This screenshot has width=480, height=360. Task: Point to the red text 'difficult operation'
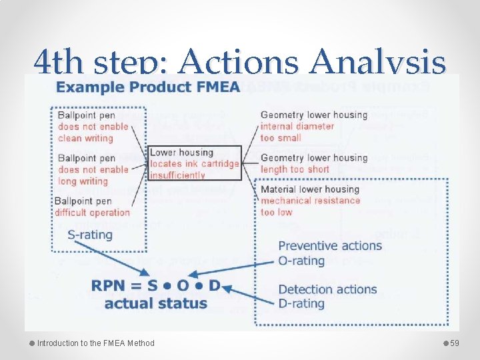coord(92,213)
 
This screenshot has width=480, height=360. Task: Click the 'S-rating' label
coord(90,235)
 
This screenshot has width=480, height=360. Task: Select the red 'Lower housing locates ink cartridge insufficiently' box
coord(194,163)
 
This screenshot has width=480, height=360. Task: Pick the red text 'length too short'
coord(295,169)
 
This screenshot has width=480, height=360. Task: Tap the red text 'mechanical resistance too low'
coord(310,206)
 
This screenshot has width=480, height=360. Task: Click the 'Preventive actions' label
coord(330,245)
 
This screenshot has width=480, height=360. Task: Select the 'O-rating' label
coord(301,260)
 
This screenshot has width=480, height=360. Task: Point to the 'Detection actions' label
coord(327,289)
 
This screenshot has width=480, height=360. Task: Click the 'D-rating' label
coord(301,303)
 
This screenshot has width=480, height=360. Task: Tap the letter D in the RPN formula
coord(213,285)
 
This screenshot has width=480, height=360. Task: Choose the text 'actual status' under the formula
coord(155,303)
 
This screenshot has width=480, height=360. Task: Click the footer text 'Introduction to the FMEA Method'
coord(95,343)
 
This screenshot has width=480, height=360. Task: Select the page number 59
coord(455,343)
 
